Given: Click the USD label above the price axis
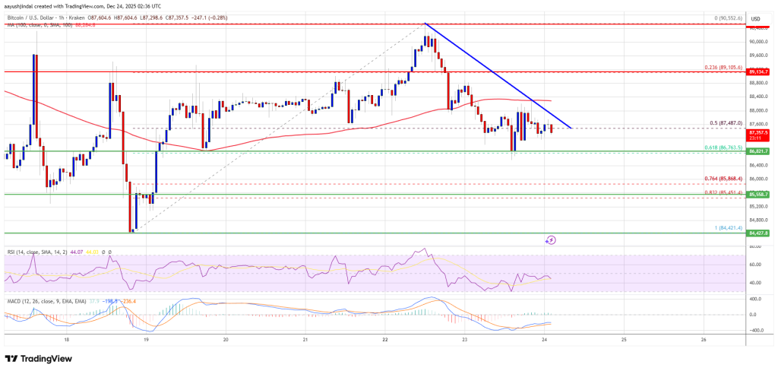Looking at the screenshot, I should point(755,19).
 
